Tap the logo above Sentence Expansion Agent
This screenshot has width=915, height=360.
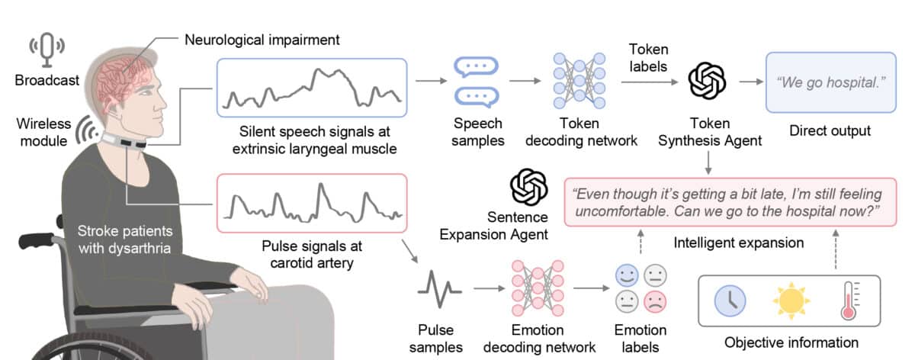(529, 186)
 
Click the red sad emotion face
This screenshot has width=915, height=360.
(654, 300)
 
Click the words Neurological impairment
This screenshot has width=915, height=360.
(262, 39)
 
